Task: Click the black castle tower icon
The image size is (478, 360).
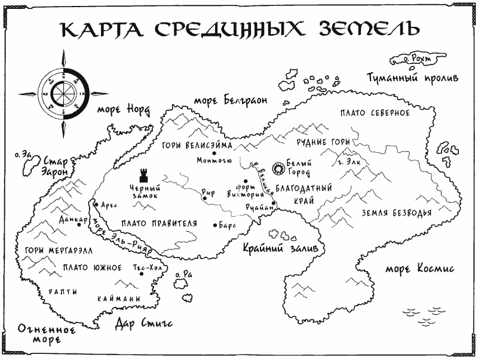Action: click(x=143, y=175)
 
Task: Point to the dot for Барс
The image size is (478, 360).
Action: click(x=215, y=225)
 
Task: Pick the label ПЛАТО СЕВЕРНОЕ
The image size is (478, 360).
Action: click(x=374, y=113)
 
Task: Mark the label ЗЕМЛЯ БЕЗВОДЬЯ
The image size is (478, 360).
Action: click(x=396, y=213)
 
